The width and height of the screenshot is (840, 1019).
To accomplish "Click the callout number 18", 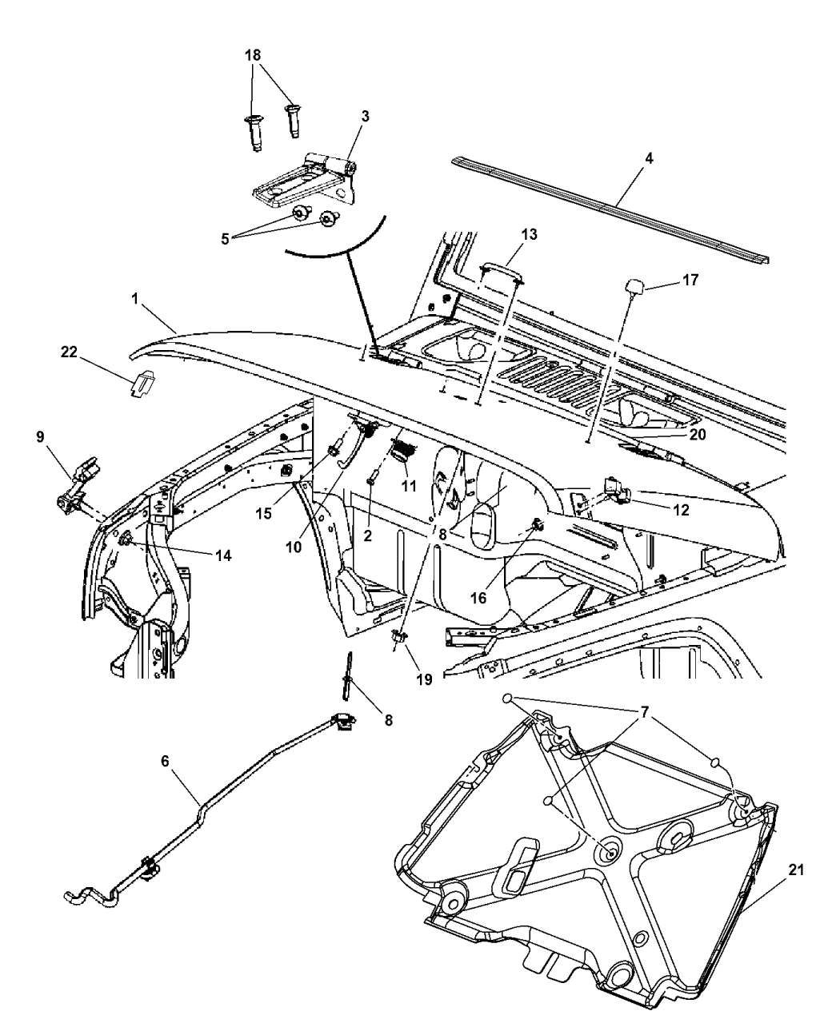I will pos(253,56).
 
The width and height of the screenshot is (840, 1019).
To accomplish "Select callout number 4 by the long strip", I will pos(649,158).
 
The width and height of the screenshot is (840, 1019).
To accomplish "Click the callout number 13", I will pos(528,235).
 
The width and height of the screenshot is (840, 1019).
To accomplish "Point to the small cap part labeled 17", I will pos(636,285).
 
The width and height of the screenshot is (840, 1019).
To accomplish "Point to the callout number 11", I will pos(410,484).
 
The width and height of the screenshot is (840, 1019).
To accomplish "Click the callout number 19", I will pos(423,679).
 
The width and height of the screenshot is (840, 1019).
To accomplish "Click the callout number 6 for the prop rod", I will pos(166,762).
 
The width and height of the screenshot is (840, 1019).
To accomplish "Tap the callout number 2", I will pos(368,536).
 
